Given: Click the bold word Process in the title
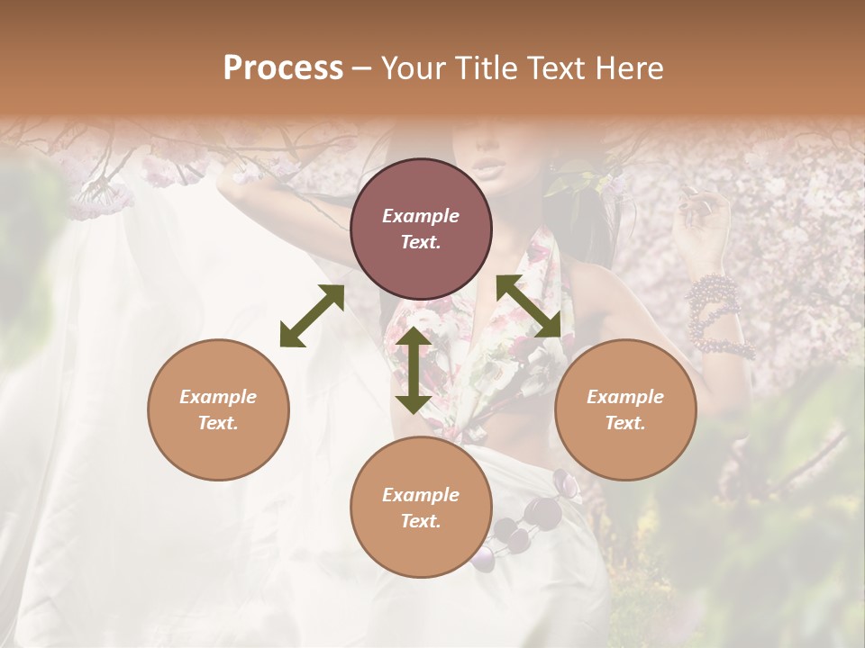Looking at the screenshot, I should pos(283,68).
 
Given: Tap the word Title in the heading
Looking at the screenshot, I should pos(485,68).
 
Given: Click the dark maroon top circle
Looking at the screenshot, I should pos(421,229).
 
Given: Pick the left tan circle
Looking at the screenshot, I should pos(218,409).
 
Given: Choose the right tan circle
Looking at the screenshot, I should pos(625,409).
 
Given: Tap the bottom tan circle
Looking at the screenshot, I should pos(421,507).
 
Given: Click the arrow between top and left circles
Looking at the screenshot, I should pos(312,316).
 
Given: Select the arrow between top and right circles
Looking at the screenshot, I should pos(529,307).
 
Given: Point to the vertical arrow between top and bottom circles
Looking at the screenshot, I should pos(414,370).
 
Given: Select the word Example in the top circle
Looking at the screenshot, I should pos(421,216).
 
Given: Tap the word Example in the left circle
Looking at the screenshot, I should pos(218,397).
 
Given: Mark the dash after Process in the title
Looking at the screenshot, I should pos(362,68).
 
